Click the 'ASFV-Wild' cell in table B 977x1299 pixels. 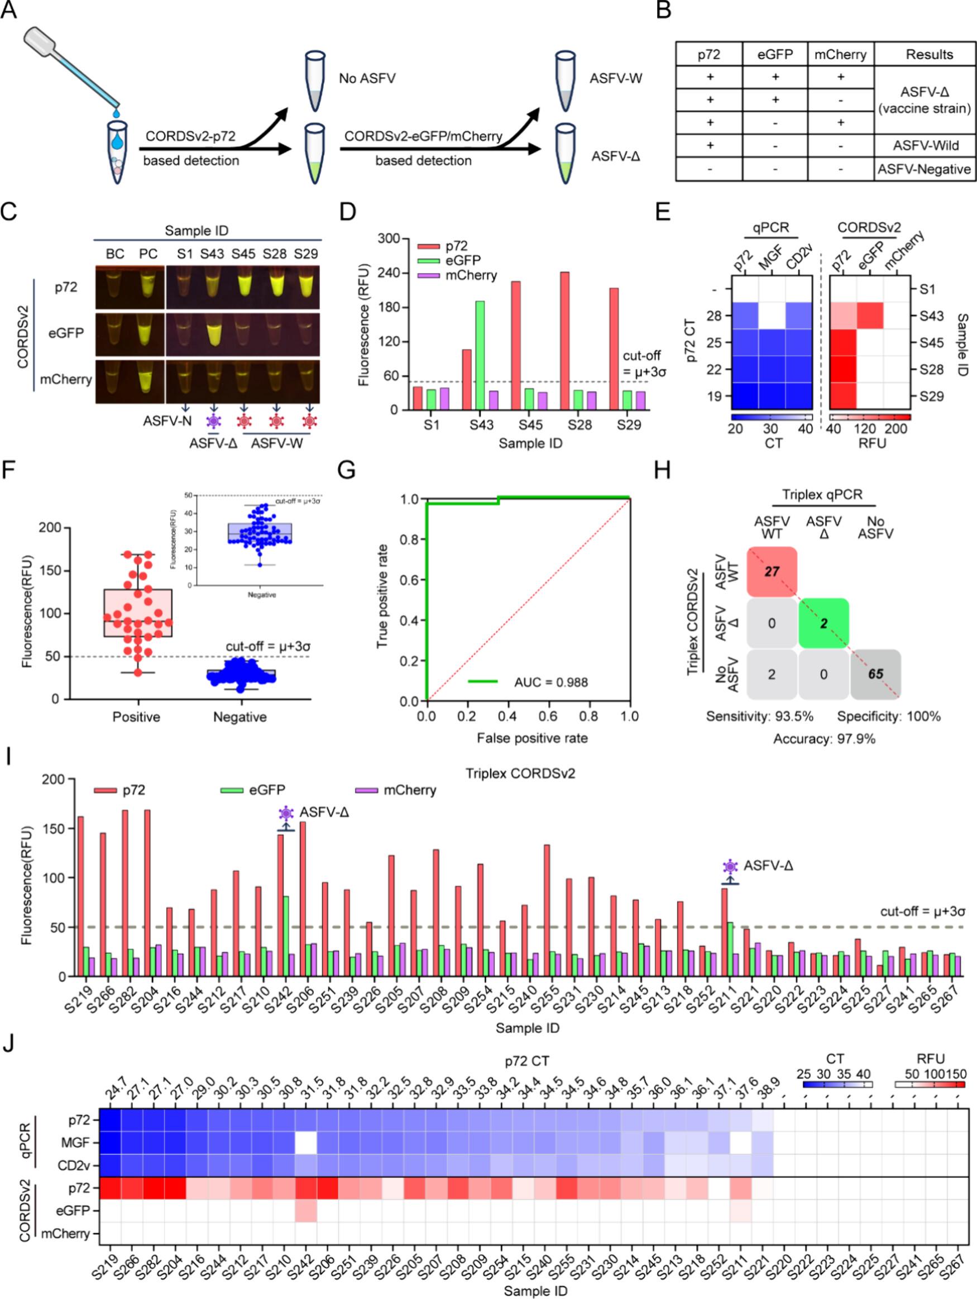(x=925, y=146)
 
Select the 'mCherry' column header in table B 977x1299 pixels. (x=840, y=55)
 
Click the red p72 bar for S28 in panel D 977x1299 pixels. (x=564, y=341)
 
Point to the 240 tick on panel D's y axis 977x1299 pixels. (x=388, y=273)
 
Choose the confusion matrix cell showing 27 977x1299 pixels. (x=772, y=571)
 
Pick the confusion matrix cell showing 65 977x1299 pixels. (x=875, y=674)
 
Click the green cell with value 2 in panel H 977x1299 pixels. (x=823, y=623)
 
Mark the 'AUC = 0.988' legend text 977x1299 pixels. (x=550, y=682)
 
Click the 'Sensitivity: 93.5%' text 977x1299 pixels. (x=759, y=717)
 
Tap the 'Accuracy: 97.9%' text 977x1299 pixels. (x=824, y=739)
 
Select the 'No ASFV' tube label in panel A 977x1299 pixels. (x=367, y=78)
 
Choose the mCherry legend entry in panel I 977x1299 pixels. (x=409, y=790)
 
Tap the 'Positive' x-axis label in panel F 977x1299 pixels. (x=136, y=717)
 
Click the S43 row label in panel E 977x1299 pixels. (x=931, y=316)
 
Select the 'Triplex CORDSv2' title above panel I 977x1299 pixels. (x=520, y=773)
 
